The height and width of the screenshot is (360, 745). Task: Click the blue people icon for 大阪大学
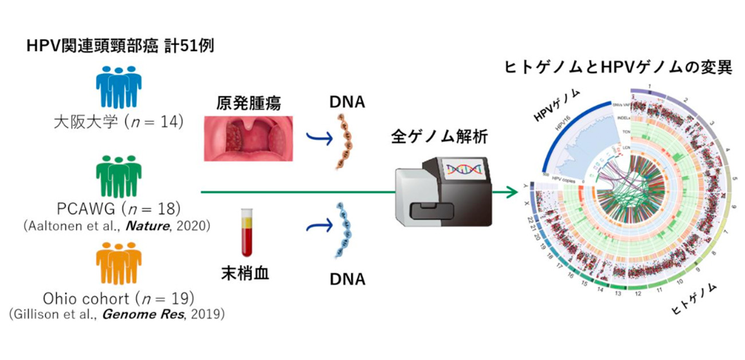coord(119,87)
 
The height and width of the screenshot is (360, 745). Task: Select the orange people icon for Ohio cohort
coord(119,263)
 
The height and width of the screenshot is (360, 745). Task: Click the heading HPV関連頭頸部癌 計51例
coord(120,46)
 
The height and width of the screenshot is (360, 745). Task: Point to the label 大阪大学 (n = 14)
coord(118,122)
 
